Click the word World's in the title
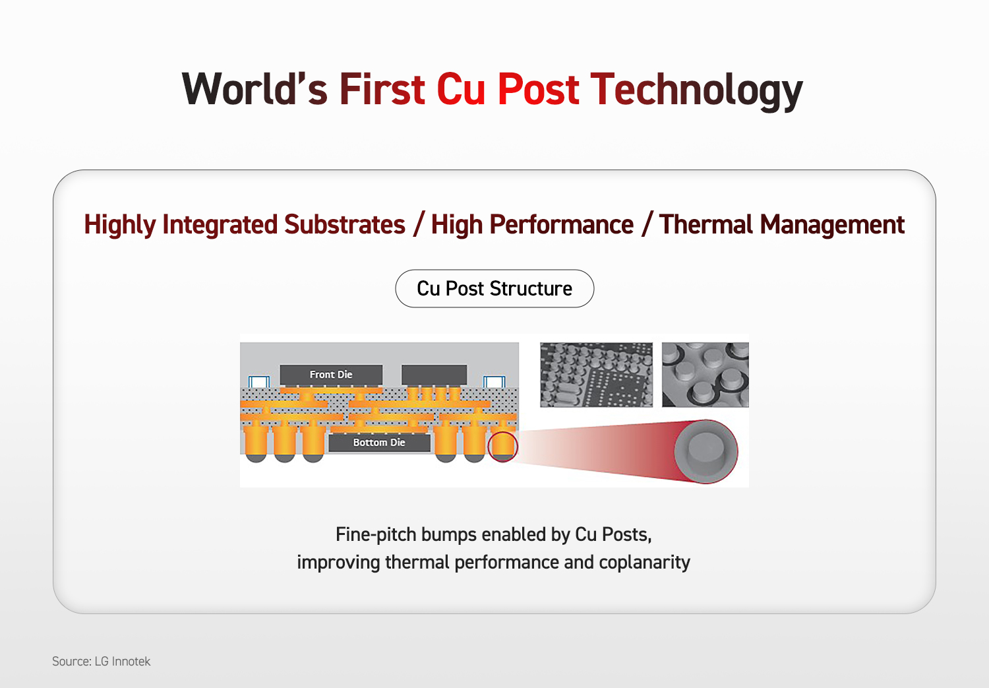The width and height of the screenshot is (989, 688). (x=255, y=90)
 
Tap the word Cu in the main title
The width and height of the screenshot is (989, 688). (x=461, y=90)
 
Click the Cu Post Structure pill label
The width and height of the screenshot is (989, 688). (x=494, y=288)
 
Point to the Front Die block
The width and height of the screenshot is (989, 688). (x=331, y=375)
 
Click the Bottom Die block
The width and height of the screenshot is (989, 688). (x=379, y=443)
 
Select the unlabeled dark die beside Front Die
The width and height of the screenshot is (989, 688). (x=434, y=375)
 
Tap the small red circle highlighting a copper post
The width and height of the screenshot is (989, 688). (x=503, y=447)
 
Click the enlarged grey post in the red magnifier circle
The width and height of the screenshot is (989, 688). (x=706, y=451)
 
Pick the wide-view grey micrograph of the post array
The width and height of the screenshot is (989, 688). (x=596, y=375)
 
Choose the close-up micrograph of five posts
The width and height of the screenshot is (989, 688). (x=705, y=375)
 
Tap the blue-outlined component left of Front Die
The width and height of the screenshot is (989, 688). (x=259, y=381)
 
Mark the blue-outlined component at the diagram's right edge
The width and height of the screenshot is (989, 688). (x=494, y=381)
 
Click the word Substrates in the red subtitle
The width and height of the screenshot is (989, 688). (x=344, y=224)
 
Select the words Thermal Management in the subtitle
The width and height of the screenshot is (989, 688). (x=782, y=225)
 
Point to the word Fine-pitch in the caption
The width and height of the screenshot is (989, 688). (x=376, y=535)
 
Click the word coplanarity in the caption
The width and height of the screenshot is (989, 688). (x=644, y=563)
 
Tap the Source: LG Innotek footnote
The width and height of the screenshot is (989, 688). (x=101, y=661)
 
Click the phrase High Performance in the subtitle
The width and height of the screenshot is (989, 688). (x=532, y=225)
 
